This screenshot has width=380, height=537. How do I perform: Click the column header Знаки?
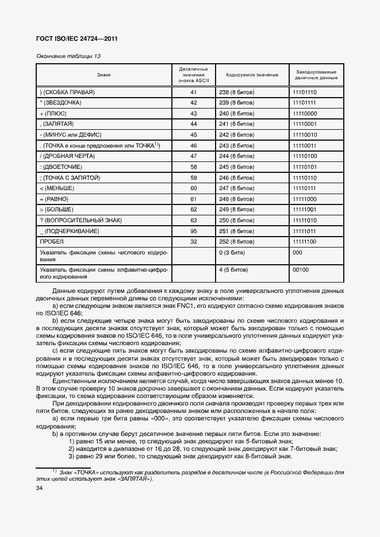[104, 75]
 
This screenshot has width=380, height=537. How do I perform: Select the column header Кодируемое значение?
[252, 75]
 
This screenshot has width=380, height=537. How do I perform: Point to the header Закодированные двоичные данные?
[316, 75]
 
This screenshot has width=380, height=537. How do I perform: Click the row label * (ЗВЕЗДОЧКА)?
[60, 103]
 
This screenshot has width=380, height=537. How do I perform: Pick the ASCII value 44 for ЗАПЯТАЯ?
[193, 124]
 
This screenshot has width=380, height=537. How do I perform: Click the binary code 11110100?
[305, 156]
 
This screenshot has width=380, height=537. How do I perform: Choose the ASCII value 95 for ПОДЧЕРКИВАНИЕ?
[193, 231]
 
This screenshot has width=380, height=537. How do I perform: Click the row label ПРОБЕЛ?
[52, 242]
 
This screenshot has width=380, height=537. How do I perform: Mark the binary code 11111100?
[305, 242]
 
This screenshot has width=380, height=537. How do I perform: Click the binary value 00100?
[301, 269]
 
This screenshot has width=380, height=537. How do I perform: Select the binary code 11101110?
[305, 92]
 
